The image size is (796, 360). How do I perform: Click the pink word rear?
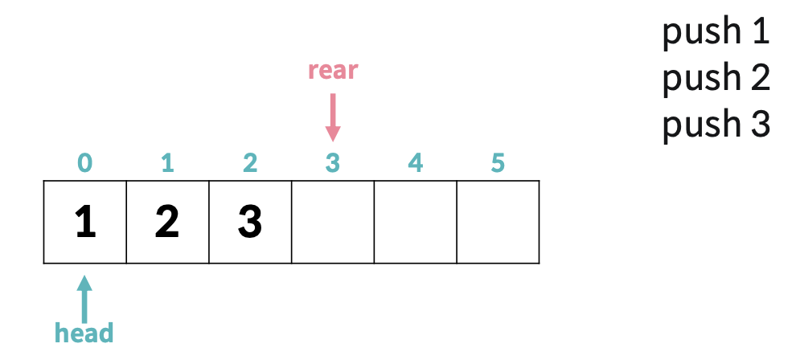click(332, 71)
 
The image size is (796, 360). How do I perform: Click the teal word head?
click(84, 332)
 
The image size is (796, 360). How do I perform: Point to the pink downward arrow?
click(332, 117)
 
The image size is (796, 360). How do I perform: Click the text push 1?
click(716, 33)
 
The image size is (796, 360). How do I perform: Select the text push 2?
click(716, 79)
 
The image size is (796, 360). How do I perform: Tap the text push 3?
click(716, 125)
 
